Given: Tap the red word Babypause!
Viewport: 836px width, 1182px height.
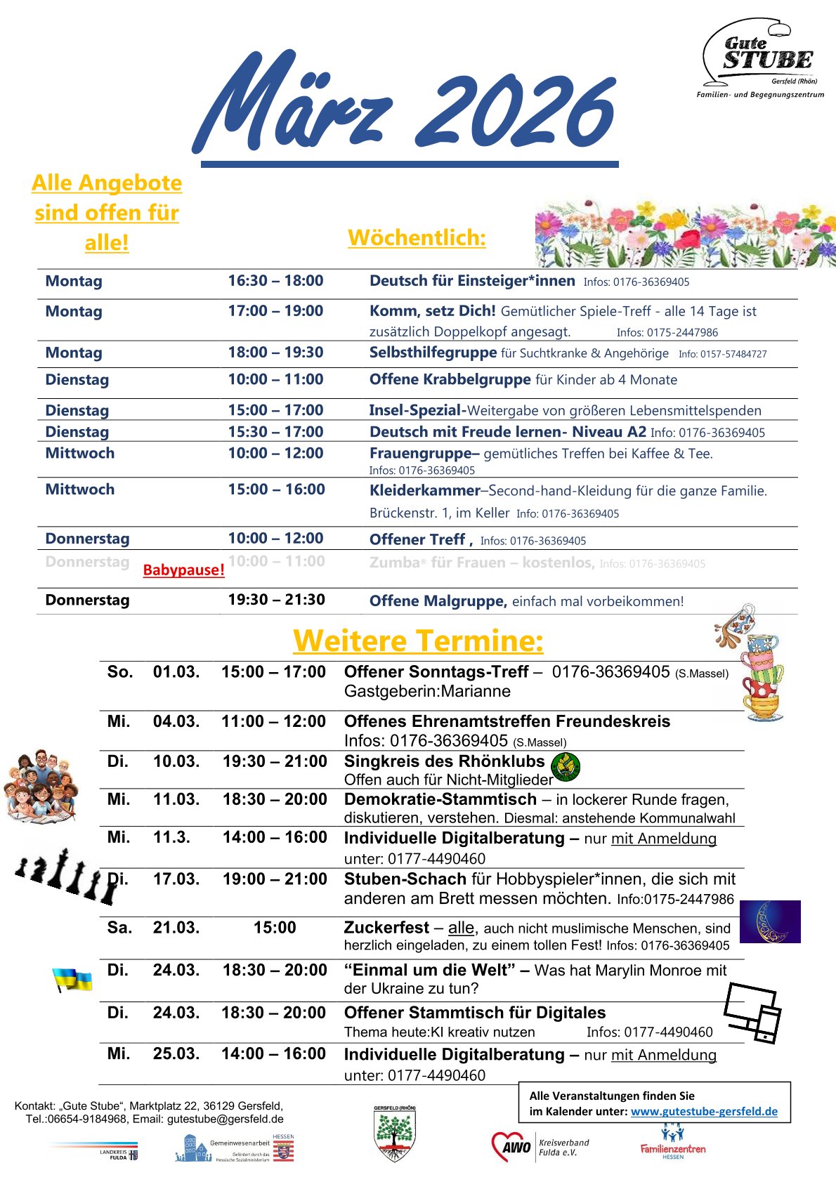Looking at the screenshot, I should coord(183,570).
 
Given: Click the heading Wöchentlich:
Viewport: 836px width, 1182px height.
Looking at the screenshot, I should coord(417,237).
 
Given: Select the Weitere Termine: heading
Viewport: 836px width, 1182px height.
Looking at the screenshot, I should coord(418,641).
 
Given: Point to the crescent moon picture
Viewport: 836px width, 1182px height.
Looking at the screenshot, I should coord(770,921).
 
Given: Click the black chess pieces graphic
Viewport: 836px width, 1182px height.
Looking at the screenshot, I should coord(66,875).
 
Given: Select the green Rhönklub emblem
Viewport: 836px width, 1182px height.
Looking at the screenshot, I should coord(566,766).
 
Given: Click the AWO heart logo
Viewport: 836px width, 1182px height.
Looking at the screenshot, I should coord(511,1147).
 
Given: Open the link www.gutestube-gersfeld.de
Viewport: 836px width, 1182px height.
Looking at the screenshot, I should coord(704,1111).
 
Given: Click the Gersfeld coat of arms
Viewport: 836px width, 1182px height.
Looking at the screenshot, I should coord(394,1134).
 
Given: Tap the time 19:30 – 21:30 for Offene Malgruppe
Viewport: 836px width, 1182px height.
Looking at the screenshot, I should coord(276,600).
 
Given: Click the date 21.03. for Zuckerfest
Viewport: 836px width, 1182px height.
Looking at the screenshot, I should coord(176,927).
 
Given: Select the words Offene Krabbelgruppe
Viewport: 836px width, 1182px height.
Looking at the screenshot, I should coord(450,379).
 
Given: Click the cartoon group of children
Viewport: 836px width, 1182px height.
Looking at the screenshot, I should coord(41,786).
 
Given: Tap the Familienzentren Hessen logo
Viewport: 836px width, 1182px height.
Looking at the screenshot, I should coord(672,1143).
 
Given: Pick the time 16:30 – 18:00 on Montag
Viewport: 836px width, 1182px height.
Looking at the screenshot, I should coord(275,281).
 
